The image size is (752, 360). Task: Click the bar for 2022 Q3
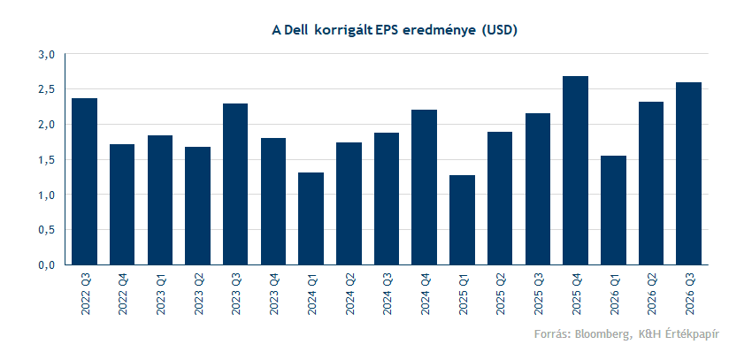tap(84, 181)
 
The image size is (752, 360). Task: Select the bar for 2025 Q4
tap(575, 171)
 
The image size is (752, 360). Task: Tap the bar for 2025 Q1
tap(462, 220)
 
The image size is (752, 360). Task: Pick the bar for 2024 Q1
tap(311, 218)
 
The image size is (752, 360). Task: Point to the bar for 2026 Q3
tap(688, 173)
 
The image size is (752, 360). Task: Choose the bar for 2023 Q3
tap(235, 184)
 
